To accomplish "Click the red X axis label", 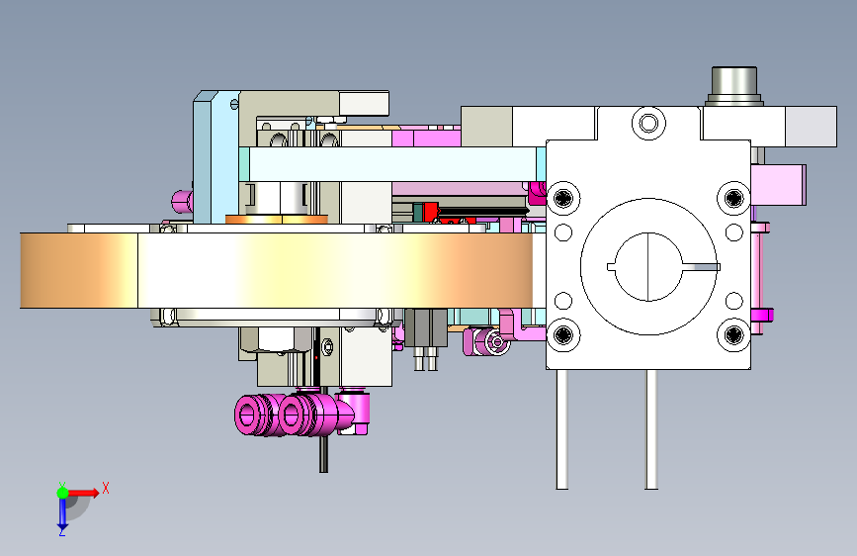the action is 106,488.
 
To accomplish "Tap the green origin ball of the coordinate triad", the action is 63,493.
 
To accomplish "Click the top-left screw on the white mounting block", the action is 563,198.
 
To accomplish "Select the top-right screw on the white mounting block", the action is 733,198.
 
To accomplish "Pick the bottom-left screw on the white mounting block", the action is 563,334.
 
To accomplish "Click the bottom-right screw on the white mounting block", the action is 733,334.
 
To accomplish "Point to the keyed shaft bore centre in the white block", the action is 648,267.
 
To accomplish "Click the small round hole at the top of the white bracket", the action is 648,123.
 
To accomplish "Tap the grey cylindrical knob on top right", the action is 734,85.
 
